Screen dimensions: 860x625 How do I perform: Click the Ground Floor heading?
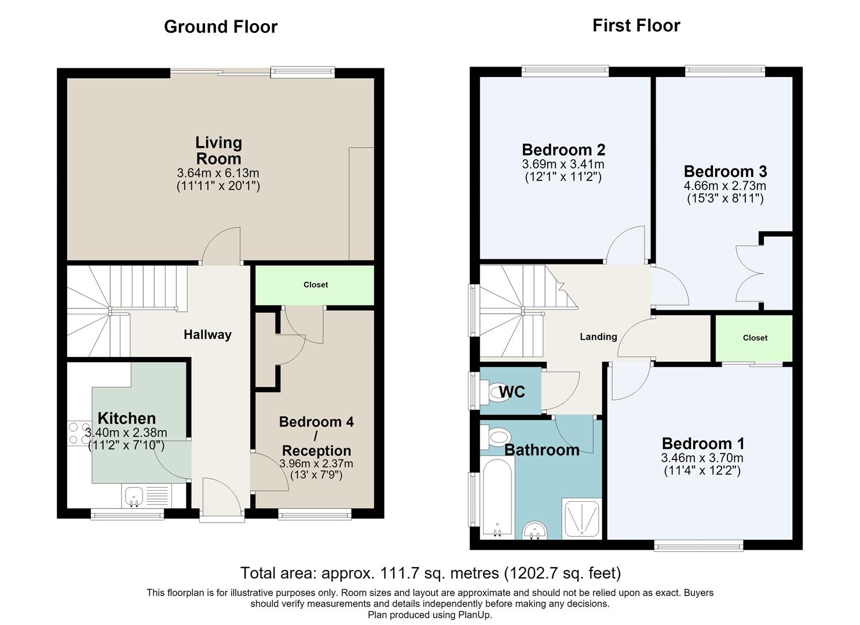[x=221, y=27]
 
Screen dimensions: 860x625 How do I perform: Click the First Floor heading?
[x=636, y=25]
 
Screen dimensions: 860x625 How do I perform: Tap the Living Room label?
[x=218, y=150]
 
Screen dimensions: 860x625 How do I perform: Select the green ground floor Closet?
[x=315, y=285]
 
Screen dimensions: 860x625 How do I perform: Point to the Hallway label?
[x=207, y=334]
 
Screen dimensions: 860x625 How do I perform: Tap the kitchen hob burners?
[x=79, y=433]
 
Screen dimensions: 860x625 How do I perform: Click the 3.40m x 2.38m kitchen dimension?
[x=126, y=433]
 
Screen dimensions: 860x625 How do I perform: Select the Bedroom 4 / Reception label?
[x=316, y=436]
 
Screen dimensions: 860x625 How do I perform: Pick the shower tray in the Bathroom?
[x=581, y=519]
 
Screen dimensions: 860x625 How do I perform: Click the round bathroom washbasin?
[x=535, y=531]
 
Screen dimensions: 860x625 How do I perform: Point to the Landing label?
[x=598, y=337]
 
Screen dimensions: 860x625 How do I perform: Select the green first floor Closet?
[x=754, y=338]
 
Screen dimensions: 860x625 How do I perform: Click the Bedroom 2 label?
[x=563, y=150]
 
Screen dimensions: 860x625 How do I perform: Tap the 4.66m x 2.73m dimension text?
[x=724, y=186]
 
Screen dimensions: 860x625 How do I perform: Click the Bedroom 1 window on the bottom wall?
[x=699, y=545]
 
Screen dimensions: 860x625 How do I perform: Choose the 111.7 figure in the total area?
[x=399, y=573]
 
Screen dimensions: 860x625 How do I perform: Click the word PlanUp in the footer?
[x=474, y=615]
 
